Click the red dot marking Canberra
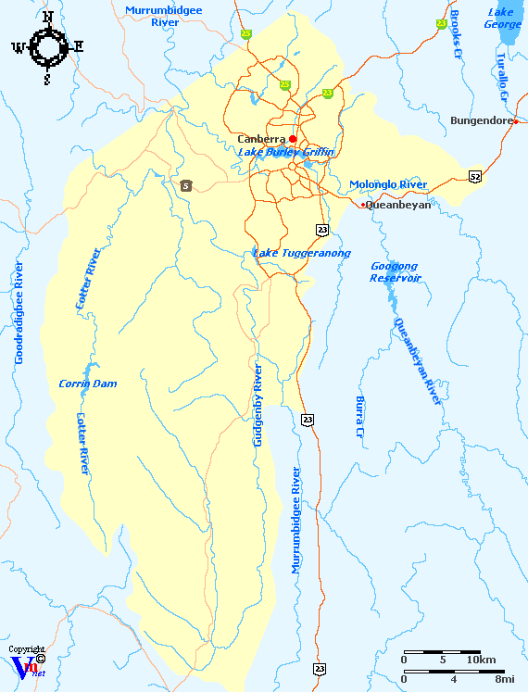coord(293,139)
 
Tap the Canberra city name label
coord(261,139)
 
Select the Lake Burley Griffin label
coord(285,152)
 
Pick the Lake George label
coord(503,18)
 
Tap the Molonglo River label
coord(388,184)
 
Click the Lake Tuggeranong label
coord(289,253)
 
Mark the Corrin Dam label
coord(87,384)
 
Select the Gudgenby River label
coord(258,406)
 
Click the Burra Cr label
coord(359,416)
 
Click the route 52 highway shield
coord(475,175)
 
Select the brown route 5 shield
coord(186,186)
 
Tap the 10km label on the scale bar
coord(481,660)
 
